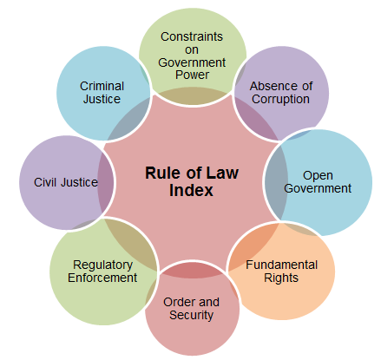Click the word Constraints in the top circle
[x=192, y=36]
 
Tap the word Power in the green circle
[x=192, y=75]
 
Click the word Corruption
[x=280, y=100]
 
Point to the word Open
[x=318, y=176]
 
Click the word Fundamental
[x=282, y=265]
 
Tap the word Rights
[x=281, y=278]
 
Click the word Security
[x=191, y=316]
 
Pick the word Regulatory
[x=102, y=265]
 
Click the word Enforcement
[x=102, y=278]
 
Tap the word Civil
[x=45, y=182]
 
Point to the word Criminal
[x=102, y=86]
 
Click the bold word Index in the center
[x=191, y=190]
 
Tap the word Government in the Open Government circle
[x=318, y=188]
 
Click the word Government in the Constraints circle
[x=192, y=62]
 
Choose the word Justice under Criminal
[x=102, y=99]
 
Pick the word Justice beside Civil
[x=80, y=182]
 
